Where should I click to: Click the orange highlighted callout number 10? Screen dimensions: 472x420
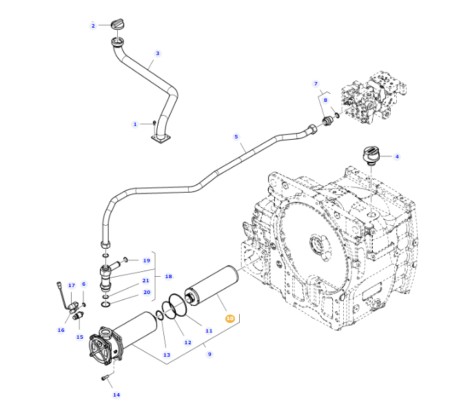click(229, 318)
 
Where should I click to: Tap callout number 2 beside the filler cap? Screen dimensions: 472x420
click(93, 26)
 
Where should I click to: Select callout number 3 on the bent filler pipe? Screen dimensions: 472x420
click(157, 54)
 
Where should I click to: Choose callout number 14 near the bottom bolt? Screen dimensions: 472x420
click(116, 395)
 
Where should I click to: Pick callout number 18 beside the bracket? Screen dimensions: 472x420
click(169, 277)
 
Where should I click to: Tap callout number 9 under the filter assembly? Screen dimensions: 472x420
click(209, 354)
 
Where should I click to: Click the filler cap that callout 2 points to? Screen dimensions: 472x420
click(119, 23)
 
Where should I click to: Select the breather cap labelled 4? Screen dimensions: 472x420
click(371, 155)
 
